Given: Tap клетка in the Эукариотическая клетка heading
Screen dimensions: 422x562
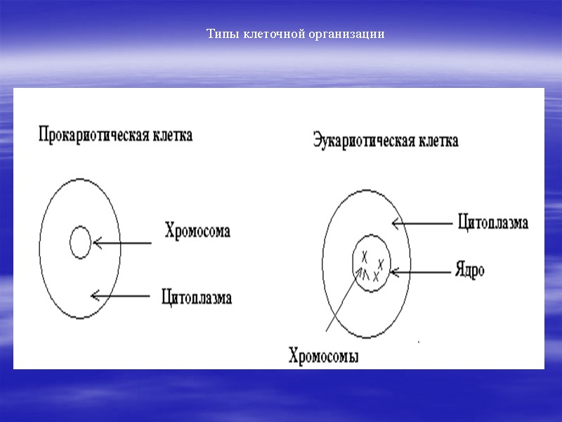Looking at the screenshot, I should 438,141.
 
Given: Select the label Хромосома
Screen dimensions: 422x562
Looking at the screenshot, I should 197,231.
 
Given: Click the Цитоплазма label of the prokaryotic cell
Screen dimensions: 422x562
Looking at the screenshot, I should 196,297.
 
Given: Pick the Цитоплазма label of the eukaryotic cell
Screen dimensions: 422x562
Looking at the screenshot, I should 492,223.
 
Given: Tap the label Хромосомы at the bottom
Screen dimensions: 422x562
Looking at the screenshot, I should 324,356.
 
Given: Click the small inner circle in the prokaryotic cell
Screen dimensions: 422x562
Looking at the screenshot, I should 80,243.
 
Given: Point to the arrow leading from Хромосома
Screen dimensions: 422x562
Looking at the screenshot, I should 123,243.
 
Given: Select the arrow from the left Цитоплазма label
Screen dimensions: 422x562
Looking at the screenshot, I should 121,296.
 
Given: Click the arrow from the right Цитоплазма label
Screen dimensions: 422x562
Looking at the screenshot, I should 421,224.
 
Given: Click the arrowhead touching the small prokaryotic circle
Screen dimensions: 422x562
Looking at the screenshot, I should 96,243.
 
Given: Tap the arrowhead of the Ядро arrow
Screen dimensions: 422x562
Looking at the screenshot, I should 393,270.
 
